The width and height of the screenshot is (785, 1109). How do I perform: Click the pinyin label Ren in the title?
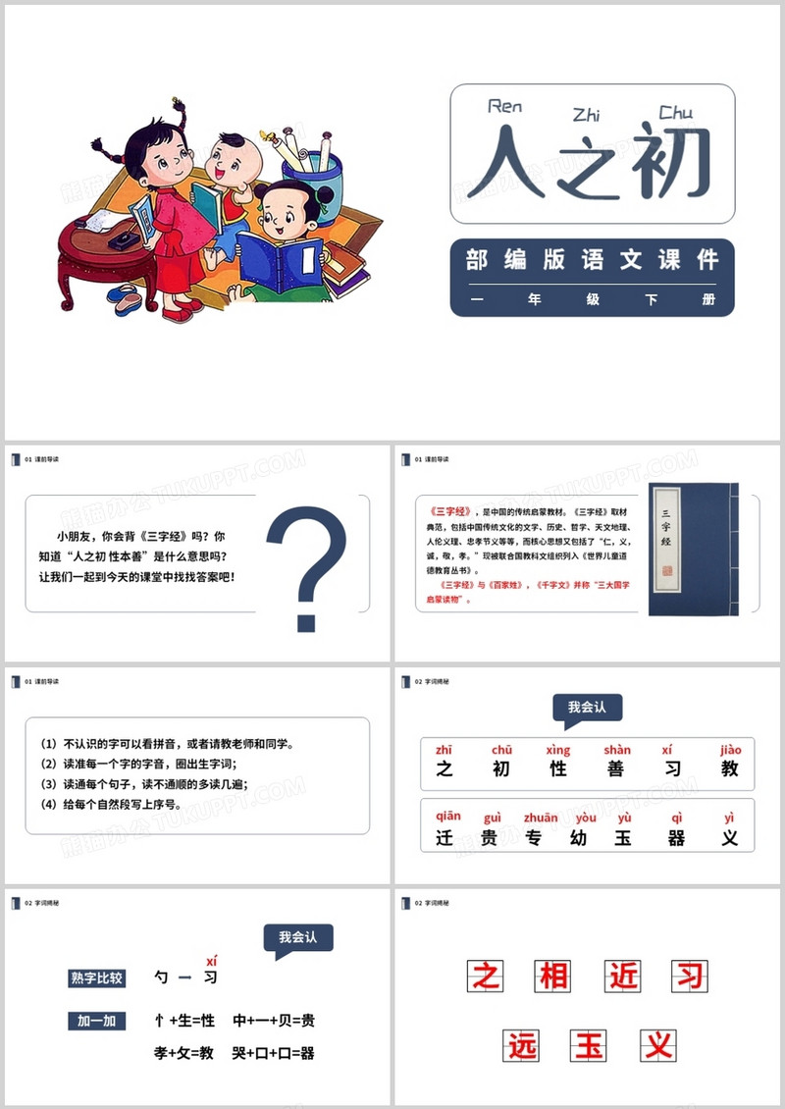point(504,106)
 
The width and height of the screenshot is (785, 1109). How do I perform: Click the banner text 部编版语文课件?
point(592,259)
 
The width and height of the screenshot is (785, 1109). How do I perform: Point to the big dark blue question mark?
point(307,569)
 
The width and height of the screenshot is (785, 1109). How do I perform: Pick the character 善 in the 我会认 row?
point(615,769)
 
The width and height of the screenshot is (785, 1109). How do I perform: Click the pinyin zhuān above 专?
point(541,818)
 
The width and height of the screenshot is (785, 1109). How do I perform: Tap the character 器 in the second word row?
point(677,839)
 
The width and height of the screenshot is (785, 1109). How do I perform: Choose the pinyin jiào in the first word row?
point(730,750)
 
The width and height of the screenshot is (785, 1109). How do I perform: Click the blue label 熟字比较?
point(97,977)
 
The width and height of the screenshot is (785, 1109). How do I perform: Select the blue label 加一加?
point(97,1021)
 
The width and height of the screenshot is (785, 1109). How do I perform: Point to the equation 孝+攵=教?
point(184,1053)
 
